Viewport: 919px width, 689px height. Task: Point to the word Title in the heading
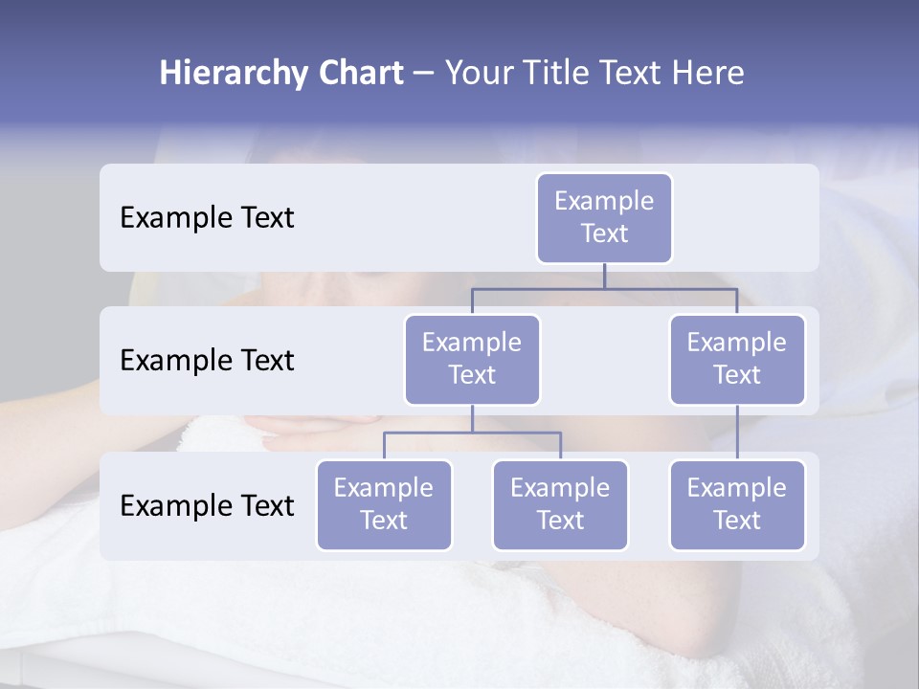[553, 74]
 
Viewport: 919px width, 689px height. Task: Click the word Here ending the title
[709, 74]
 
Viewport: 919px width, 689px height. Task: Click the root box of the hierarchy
[604, 218]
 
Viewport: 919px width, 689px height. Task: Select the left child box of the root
[472, 360]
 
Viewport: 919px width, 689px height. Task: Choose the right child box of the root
[737, 360]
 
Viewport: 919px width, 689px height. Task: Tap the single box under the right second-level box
[737, 505]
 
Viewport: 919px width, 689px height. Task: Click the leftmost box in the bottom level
[384, 505]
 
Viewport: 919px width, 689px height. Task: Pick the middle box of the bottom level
[560, 505]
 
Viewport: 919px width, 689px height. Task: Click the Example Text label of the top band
[207, 218]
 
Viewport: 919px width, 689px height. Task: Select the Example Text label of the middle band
[207, 361]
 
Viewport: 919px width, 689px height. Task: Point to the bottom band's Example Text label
[207, 506]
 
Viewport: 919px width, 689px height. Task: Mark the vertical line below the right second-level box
[737, 433]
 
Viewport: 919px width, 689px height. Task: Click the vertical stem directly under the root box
[604, 276]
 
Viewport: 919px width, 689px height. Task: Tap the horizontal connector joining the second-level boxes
[604, 288]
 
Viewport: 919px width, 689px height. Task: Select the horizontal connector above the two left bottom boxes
[472, 433]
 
